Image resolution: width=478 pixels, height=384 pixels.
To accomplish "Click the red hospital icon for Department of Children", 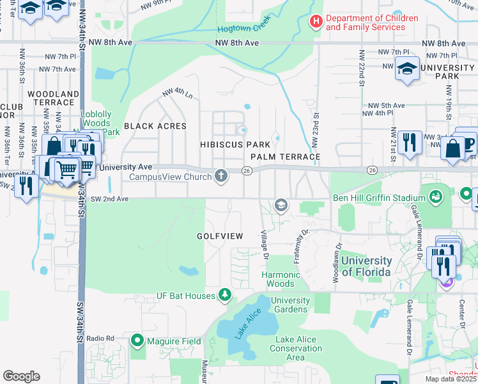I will click(316, 22).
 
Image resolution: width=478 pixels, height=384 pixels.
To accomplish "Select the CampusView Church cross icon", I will click(221, 175).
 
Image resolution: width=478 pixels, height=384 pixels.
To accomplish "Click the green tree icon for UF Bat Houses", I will click(224, 294).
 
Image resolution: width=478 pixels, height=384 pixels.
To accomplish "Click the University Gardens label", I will click(290, 305).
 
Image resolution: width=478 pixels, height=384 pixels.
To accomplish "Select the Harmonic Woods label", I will click(281, 279).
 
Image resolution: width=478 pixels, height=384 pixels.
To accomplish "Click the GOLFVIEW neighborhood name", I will click(220, 236).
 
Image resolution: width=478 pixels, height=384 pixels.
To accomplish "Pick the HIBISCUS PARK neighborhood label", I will click(231, 145).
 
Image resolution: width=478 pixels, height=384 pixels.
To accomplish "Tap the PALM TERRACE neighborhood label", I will click(285, 157).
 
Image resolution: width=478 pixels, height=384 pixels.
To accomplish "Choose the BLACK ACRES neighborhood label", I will click(155, 126).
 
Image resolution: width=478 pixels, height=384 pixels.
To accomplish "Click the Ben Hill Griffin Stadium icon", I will click(437, 196).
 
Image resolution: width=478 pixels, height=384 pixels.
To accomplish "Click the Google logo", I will click(21, 376).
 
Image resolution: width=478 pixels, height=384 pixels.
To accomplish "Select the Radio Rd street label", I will click(100, 338).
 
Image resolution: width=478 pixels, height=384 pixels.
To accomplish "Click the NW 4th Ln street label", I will click(178, 93).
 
